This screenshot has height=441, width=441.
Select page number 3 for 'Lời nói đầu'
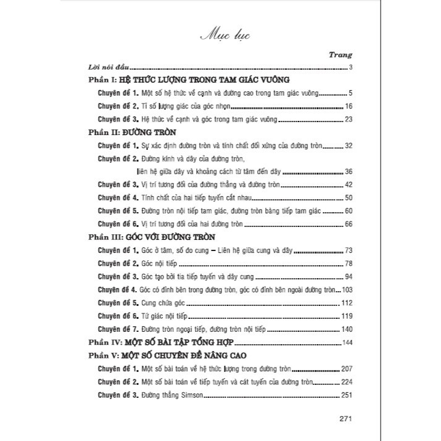pos(350,67)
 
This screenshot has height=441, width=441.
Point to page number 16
pos(347,106)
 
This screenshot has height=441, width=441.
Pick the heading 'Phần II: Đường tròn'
pos(133,133)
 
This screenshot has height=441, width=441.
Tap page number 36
pos(347,171)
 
